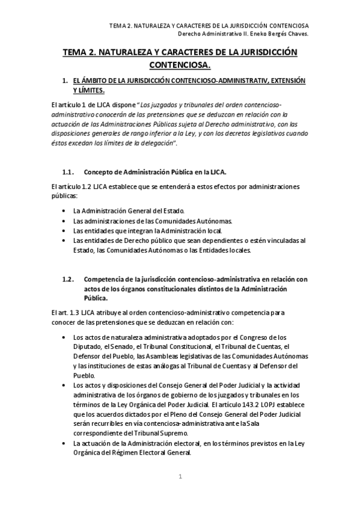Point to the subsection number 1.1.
pyautogui.click(x=68, y=172)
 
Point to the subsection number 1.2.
pyautogui.click(x=68, y=278)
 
